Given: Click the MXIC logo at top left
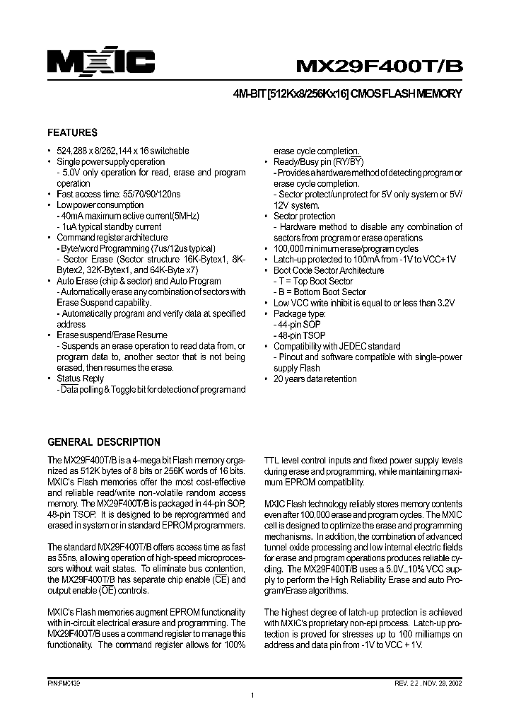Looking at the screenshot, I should click(x=101, y=62).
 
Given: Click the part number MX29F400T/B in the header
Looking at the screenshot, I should click(x=378, y=65).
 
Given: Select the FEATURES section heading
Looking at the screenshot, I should click(x=72, y=132).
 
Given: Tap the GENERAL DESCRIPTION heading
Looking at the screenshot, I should click(x=103, y=442).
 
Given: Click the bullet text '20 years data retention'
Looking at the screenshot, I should click(x=315, y=379).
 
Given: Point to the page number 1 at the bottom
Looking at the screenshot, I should click(x=252, y=697).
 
